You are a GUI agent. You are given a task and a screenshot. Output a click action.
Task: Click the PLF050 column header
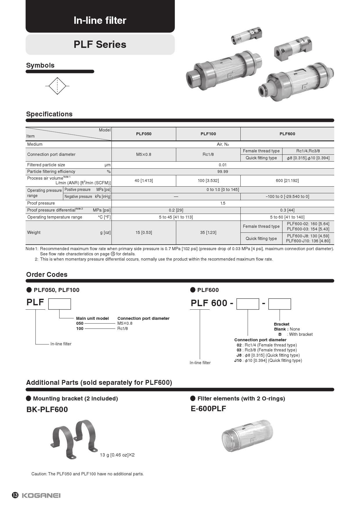click(144, 134)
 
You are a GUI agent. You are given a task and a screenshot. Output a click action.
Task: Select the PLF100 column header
click(208, 134)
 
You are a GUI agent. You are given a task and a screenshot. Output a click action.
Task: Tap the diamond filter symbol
click(57, 86)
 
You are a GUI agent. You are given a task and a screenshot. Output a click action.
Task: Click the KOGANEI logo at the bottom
click(41, 495)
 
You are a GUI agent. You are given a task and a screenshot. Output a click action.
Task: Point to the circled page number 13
click(15, 495)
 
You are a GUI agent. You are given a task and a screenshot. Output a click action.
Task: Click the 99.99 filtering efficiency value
click(223, 172)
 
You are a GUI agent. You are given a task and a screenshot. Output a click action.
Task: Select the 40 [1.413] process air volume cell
click(144, 181)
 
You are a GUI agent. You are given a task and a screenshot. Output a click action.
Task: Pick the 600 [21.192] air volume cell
click(287, 181)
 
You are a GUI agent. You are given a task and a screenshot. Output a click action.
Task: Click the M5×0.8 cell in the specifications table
click(144, 154)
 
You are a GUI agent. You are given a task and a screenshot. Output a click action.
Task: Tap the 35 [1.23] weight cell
click(208, 232)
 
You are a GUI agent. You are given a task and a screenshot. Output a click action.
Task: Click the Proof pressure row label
click(41, 203)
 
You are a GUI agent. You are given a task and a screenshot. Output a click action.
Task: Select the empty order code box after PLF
click(60, 304)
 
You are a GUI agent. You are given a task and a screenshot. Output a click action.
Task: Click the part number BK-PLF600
click(47, 409)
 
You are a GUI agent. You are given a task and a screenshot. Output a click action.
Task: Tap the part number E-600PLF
click(208, 409)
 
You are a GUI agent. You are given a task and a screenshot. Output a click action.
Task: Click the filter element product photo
click(247, 436)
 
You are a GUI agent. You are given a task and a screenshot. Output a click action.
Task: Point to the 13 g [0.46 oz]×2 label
click(117, 455)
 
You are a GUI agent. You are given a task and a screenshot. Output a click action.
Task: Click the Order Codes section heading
click(47, 275)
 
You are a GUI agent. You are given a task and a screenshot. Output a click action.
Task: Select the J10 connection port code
click(238, 360)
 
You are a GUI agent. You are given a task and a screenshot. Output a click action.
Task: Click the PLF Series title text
click(100, 44)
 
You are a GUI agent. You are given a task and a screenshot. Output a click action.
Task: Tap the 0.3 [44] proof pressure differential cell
click(287, 210)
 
